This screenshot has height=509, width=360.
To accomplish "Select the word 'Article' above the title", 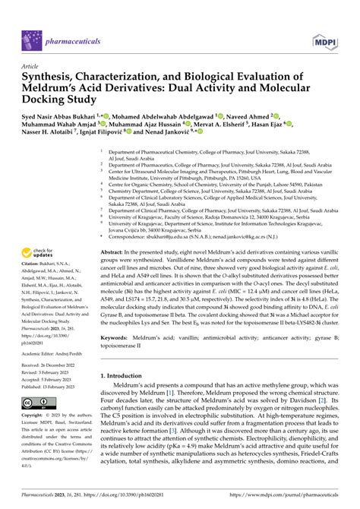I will pos(32,66).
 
